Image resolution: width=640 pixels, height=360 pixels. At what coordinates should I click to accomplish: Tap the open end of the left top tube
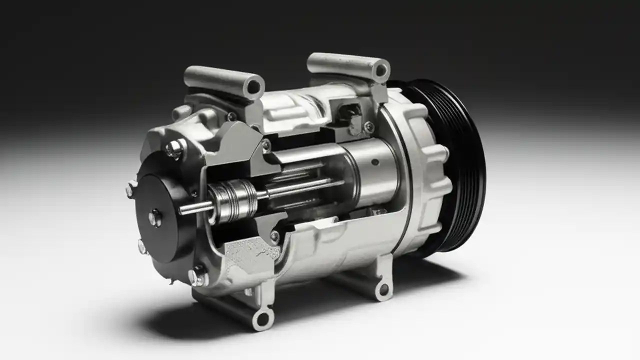coord(254,86)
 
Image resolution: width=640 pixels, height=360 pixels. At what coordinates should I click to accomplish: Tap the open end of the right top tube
coord(381,70)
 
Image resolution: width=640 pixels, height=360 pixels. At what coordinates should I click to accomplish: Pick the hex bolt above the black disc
coord(174,148)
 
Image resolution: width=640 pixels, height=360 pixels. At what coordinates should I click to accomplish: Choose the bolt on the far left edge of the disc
coord(131,188)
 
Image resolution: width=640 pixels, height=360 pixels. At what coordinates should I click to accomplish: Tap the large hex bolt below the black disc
coord(197,276)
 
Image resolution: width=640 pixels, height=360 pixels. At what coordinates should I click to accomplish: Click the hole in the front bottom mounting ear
coord(264,318)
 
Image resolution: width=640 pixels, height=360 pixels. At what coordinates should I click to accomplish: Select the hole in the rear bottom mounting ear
coord(383,289)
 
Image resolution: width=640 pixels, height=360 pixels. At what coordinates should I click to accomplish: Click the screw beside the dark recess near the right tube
coord(369,127)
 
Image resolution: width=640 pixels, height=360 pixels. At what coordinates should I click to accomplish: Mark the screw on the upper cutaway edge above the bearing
coord(266,145)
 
